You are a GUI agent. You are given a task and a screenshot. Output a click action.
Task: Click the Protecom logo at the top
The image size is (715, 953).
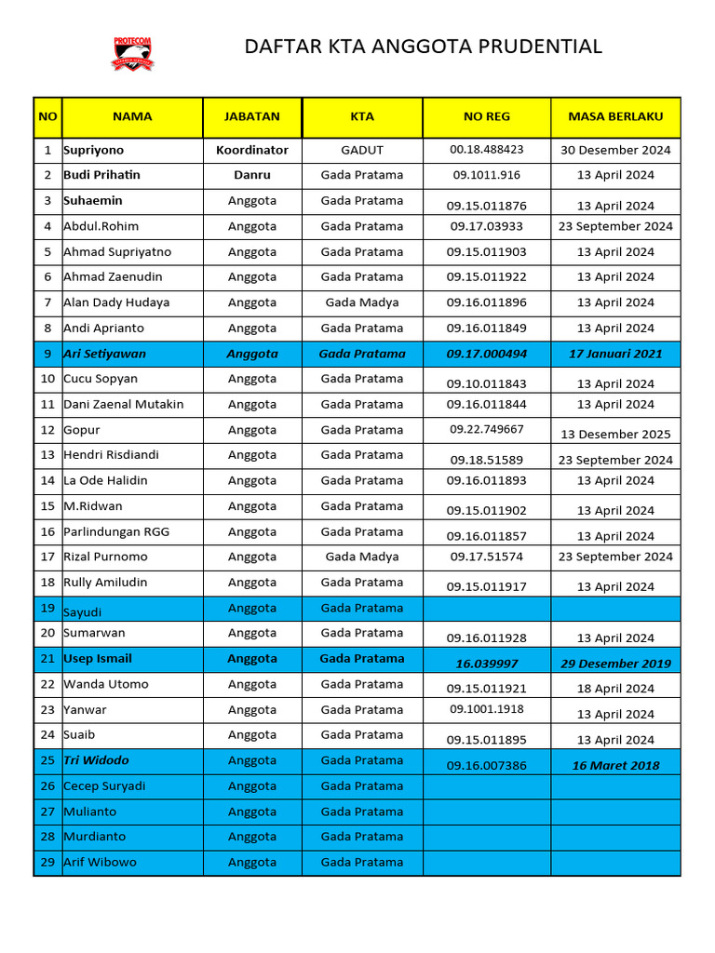tap(132, 54)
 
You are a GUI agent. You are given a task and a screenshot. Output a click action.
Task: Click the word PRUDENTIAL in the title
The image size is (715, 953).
tap(546, 47)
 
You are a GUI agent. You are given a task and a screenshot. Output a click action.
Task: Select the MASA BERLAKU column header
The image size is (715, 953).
tap(615, 117)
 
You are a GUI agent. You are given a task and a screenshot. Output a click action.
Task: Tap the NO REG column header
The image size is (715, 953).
tap(486, 117)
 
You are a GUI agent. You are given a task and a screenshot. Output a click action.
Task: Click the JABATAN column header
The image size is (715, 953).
tap(251, 117)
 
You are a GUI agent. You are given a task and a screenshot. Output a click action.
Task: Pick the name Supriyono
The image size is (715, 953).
tap(93, 150)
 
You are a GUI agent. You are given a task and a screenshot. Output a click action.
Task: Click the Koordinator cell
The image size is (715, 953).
tap(251, 150)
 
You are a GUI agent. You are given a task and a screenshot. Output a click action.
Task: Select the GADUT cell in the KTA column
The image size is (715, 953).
tap(362, 150)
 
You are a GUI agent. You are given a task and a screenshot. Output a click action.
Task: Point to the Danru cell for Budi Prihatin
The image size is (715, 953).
tap(251, 175)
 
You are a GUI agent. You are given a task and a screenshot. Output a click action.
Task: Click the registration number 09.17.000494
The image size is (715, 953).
tap(486, 354)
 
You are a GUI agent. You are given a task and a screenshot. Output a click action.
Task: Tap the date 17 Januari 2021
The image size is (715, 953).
tap(615, 354)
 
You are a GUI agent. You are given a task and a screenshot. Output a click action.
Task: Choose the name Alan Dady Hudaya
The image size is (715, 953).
tap(116, 302)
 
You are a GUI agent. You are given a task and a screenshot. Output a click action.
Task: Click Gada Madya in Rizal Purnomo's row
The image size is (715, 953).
tap(362, 557)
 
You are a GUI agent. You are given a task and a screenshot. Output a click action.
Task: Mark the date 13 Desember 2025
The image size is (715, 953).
tap(615, 434)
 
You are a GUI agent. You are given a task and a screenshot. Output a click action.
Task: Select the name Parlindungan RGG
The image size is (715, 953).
tap(116, 531)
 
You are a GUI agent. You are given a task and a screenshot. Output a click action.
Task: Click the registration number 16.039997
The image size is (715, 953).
tap(486, 664)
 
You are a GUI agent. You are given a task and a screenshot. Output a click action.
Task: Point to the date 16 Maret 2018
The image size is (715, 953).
tap(615, 765)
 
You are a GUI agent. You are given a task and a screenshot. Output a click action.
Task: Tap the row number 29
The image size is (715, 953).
tap(47, 862)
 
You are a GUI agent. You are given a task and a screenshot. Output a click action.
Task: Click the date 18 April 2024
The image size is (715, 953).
tap(615, 689)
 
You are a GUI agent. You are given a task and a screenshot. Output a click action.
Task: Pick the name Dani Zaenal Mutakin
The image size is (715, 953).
tap(124, 404)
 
